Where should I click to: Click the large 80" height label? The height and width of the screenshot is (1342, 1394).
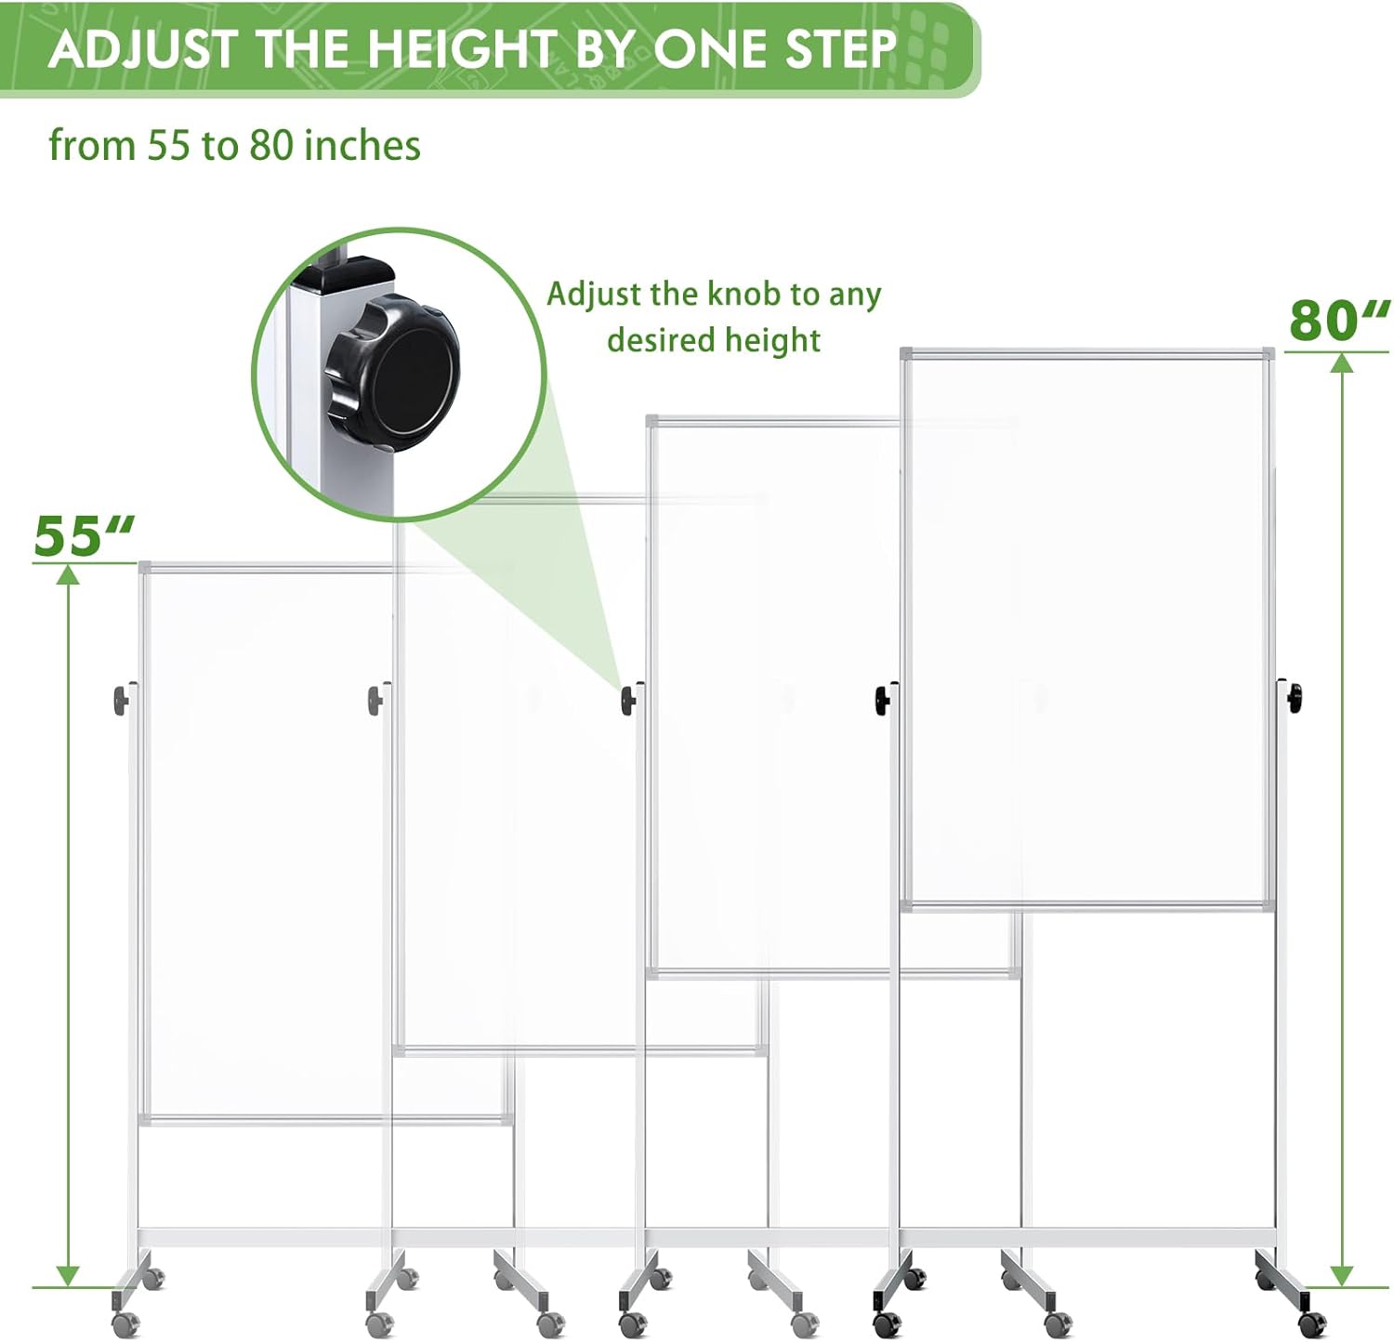click(x=1338, y=321)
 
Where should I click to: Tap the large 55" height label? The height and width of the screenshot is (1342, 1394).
click(x=84, y=536)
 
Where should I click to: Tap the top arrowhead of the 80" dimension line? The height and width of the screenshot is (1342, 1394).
click(x=1341, y=362)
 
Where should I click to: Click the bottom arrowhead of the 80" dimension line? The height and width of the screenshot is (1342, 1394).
click(x=1341, y=1275)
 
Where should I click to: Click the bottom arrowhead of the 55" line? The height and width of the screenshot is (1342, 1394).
click(x=67, y=1275)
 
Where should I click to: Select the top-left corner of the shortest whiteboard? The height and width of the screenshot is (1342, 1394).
click(x=142, y=564)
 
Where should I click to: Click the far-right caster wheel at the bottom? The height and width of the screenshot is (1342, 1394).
click(x=1311, y=1322)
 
